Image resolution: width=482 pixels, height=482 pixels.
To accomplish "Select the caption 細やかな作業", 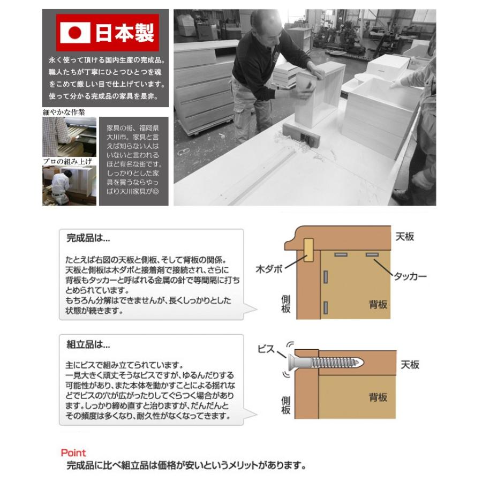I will pos(64,112).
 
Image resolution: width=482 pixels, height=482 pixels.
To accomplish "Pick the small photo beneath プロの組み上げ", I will pos(69,185).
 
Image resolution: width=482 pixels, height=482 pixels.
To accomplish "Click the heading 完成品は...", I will pos(88,237).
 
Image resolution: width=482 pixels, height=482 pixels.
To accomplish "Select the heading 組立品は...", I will pos(88,344).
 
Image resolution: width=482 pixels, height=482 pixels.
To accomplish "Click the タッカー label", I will pos(410,276).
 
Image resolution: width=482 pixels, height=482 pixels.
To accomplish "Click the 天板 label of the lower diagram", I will pos(410,365).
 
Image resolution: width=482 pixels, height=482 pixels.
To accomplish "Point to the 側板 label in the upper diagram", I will pos(286,304).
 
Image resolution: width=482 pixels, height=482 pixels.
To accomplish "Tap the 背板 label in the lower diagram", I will pos(378,397).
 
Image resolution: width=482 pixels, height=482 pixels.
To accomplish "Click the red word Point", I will pos(73,453).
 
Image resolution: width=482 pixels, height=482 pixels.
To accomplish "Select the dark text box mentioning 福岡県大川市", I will pos(134,161).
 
